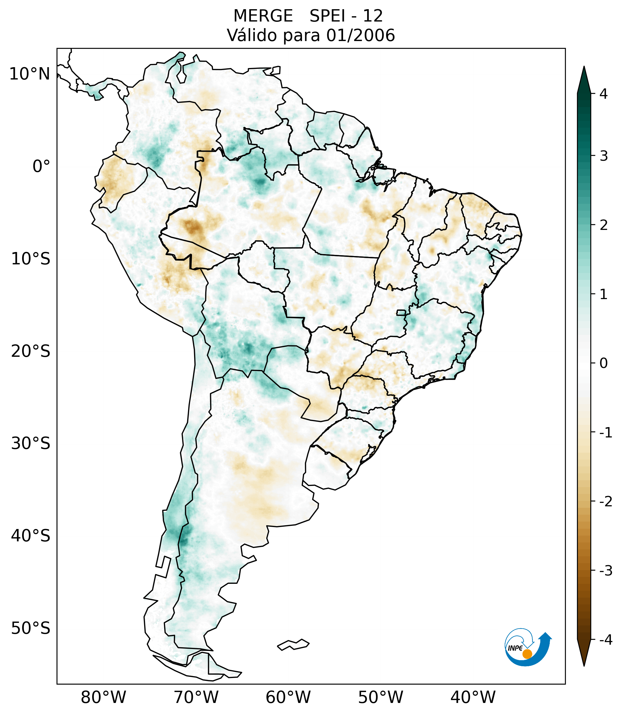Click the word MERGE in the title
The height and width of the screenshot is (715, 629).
tap(263, 16)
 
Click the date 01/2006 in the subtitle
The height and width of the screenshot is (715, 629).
tap(360, 35)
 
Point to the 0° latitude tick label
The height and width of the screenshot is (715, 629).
tap(41, 166)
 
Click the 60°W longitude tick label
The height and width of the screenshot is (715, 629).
tap(288, 697)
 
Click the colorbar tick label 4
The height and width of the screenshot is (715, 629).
tap(603, 94)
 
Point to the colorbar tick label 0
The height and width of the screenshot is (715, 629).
tap(603, 363)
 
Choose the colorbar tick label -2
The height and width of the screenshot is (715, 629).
tap(605, 502)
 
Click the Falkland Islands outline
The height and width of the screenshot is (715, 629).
tap(293, 645)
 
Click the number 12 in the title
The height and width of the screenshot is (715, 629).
tap(373, 16)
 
